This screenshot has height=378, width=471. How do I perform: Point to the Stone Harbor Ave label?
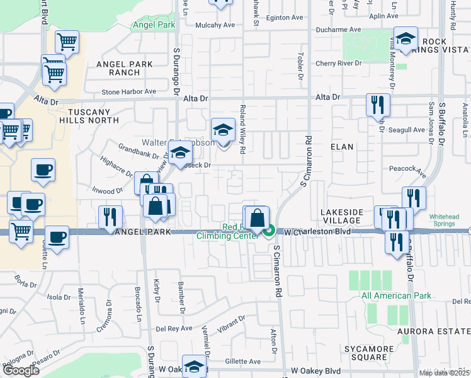[128, 92]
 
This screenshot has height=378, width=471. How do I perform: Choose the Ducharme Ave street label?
[338, 29]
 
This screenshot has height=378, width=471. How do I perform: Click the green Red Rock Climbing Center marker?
[270, 231]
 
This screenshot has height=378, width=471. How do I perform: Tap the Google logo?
[21, 370]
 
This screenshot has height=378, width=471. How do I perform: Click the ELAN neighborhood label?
[342, 147]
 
